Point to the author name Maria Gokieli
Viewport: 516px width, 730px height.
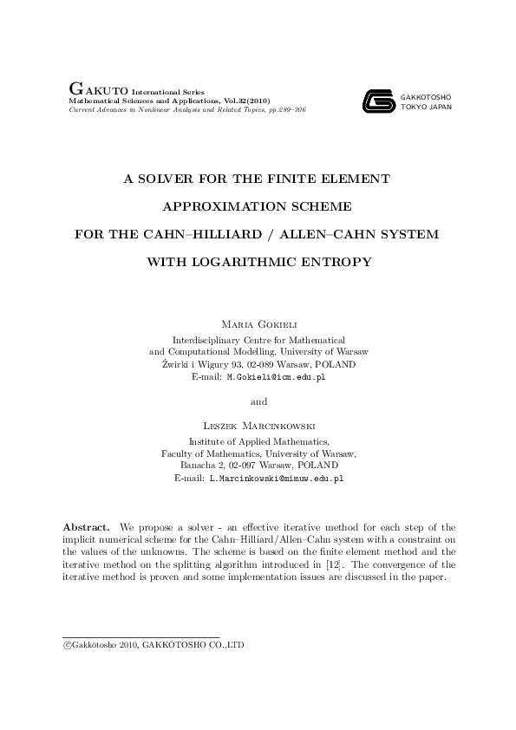point(258,323)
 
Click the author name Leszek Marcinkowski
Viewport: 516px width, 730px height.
point(258,426)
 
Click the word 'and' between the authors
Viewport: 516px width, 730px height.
point(258,401)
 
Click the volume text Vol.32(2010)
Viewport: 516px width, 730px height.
point(246,101)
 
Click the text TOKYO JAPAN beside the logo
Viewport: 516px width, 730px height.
point(426,108)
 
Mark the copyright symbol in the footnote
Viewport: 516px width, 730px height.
point(67,646)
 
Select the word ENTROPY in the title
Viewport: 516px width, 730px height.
point(339,261)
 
